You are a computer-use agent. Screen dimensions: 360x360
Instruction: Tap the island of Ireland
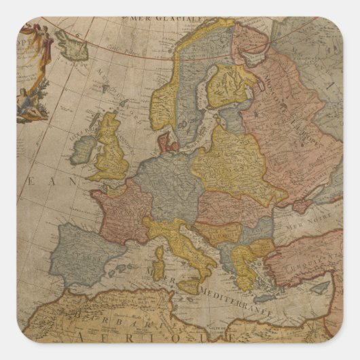click(85, 147)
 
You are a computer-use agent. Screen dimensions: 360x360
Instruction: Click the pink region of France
click(115, 207)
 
